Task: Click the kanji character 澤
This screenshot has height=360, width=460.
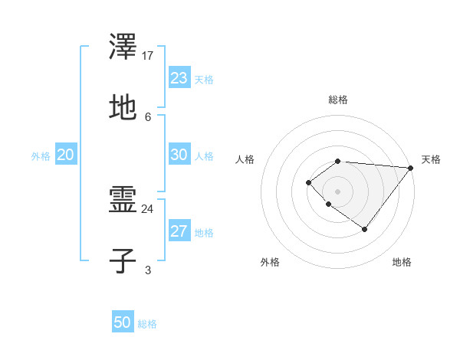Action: pos(123,48)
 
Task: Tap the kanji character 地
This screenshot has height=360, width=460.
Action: pos(123,107)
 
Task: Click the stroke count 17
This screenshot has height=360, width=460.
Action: pos(148,56)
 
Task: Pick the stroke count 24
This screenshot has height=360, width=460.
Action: pos(148,208)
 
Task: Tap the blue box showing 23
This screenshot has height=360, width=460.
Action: pos(179,78)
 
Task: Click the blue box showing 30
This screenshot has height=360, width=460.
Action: pos(179,155)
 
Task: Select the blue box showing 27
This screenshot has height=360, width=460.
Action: pos(179,231)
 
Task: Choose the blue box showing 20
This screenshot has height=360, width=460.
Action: pos(65,155)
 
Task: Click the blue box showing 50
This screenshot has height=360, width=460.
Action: pos(123,322)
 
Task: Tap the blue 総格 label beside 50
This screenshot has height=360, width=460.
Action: pos(147,324)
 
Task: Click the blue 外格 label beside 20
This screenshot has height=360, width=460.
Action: pos(41,156)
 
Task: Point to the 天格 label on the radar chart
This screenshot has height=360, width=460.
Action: pos(431,159)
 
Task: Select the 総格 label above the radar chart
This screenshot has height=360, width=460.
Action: pos(338,100)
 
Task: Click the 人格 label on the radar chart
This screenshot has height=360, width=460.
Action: pos(245,159)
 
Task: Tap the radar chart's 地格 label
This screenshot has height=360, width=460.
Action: pos(402,262)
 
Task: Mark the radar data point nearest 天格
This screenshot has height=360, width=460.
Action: pos(411,168)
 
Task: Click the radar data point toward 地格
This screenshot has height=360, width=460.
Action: pos(365,229)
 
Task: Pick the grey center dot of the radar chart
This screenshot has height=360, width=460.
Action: pos(337,191)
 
